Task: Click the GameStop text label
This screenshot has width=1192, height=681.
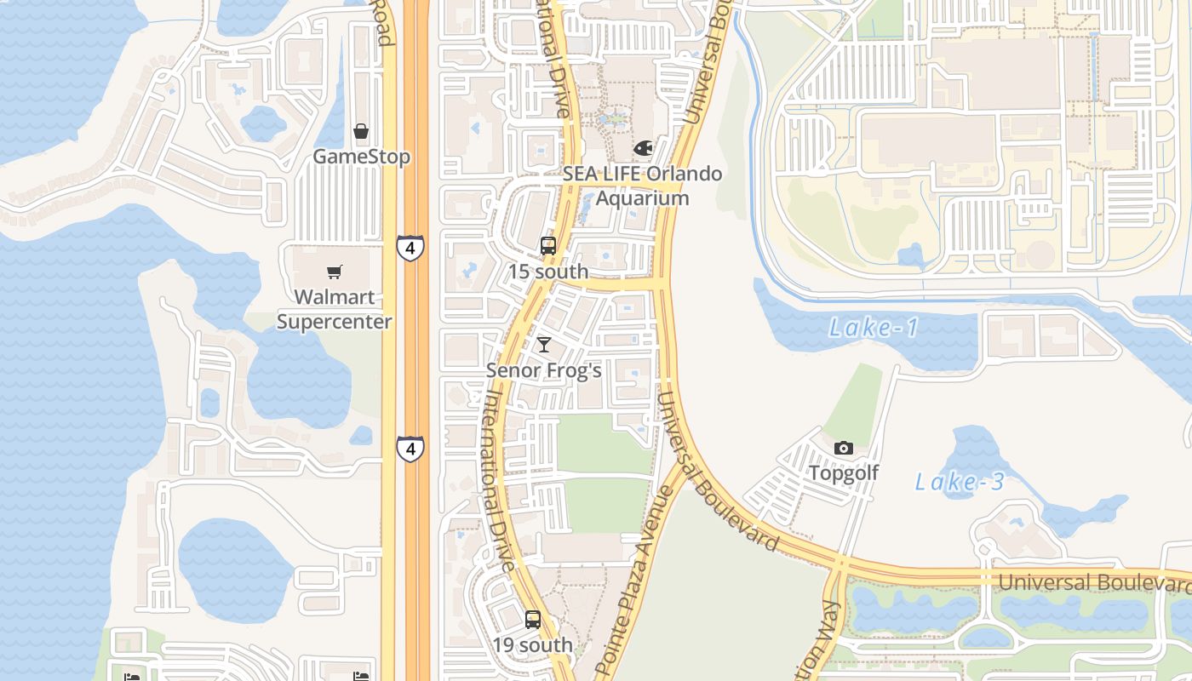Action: click(361, 157)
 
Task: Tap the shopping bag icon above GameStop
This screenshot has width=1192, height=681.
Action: click(361, 131)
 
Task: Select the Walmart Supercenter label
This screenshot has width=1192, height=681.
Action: click(335, 309)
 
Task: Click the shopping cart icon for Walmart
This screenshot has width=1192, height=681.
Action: click(335, 272)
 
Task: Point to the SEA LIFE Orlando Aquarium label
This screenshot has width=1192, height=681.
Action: click(642, 186)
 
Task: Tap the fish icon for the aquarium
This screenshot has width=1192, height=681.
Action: click(643, 148)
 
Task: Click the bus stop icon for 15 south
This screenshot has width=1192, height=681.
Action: click(548, 246)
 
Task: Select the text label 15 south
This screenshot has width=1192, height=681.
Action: click(548, 272)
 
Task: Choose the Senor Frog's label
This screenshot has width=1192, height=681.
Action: click(544, 370)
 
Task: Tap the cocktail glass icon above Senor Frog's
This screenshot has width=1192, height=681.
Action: click(544, 345)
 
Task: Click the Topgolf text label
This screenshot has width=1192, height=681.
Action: click(844, 473)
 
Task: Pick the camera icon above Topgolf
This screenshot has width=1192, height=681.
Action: click(844, 448)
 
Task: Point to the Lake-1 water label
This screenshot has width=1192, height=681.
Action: click(874, 328)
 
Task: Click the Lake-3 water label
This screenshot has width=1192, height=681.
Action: click(960, 482)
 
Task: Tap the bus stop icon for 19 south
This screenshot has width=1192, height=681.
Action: click(533, 620)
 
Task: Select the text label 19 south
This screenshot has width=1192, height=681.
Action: click(533, 645)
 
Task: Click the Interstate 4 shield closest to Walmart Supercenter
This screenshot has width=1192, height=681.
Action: click(410, 249)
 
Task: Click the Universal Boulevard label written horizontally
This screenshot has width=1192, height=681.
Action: click(1094, 583)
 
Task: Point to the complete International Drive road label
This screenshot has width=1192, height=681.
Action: click(499, 481)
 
